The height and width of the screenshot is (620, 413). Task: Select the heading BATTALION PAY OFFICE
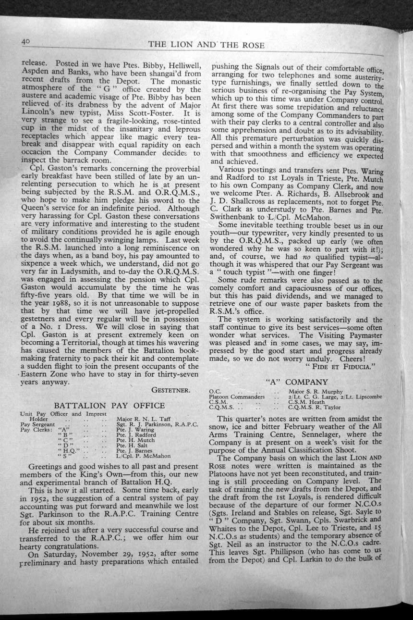click(x=109, y=405)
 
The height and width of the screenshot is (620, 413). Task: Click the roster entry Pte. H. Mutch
click(x=135, y=440)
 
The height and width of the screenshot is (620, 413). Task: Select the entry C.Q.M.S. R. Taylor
click(x=314, y=407)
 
